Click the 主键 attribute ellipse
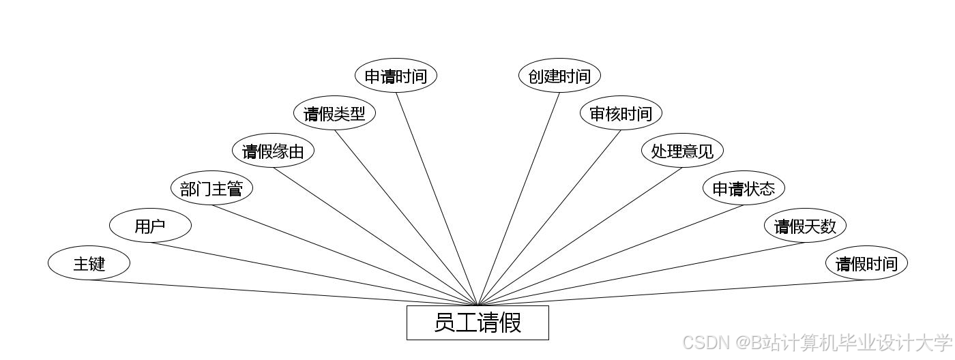[89, 263]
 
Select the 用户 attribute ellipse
[150, 226]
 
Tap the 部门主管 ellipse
[211, 188]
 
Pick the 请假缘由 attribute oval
[273, 151]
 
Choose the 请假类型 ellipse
[334, 113]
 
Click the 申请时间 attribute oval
[396, 76]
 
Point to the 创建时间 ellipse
[559, 76]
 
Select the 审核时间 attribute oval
[621, 113]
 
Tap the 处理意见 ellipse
[682, 151]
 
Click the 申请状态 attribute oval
[744, 188]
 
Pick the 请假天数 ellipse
[805, 226]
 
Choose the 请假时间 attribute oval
[866, 263]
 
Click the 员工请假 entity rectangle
[477, 322]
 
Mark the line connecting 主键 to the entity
[283, 293]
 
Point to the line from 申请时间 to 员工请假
[437, 199]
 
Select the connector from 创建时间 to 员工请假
[518, 199]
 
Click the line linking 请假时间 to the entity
[672, 293]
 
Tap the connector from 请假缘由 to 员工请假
[375, 237]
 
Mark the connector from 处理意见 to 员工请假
[580, 237]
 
